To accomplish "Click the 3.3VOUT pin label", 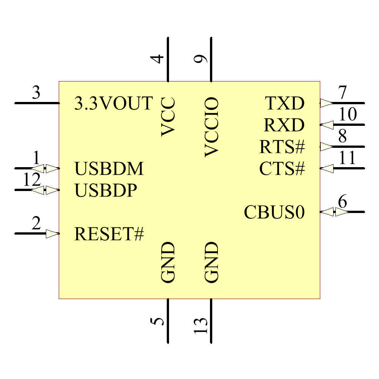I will pos(114,103).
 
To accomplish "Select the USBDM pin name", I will pos(109,169).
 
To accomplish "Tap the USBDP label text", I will pos(105,190).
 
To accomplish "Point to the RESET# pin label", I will pos(109,234).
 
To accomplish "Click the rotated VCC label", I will pos(168,117).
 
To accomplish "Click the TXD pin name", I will pos(285,103).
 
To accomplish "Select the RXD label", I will pos(284,125).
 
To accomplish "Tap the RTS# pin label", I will pos(282,147).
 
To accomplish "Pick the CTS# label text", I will pos(282,169).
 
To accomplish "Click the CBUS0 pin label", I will pos(274,212).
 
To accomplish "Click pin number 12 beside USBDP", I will pos(32,180).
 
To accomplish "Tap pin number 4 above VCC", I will pos(158,59).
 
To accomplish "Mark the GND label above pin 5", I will pos(168,262).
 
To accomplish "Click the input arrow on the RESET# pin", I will pos(53,234).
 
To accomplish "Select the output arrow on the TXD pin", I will pos(326,103).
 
